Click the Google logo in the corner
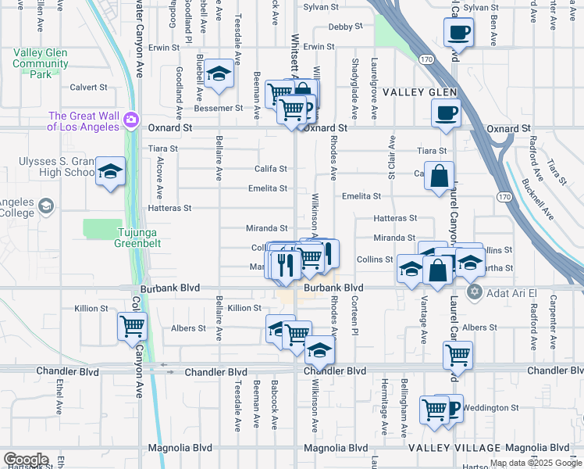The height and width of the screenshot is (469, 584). [26, 460]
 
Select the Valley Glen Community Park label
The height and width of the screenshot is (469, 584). [41, 63]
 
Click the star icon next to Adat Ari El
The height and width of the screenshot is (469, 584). [473, 292]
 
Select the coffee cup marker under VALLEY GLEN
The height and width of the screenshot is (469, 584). [446, 113]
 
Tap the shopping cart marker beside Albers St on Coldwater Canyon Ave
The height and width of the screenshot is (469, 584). [132, 327]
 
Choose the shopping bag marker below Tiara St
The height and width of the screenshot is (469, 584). [440, 177]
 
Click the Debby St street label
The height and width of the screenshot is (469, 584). [341, 27]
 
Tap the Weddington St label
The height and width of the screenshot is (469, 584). [493, 408]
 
